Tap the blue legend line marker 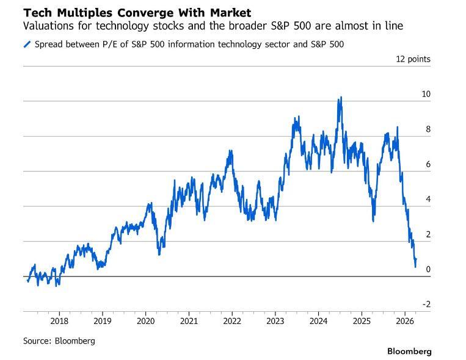coord(27,45)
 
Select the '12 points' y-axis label coord(413,59)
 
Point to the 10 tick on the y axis coord(425,94)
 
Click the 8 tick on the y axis coord(427,129)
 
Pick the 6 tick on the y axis coord(427,164)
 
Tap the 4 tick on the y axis coord(427,200)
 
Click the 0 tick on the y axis coord(427,270)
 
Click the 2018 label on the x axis coord(59,322)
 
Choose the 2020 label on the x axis coord(145,322)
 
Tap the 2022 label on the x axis coord(232,322)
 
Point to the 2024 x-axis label coord(319,322)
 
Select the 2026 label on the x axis coord(405,322)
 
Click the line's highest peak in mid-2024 coord(340,97)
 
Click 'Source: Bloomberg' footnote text coord(59,341)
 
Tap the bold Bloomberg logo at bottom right coord(409,351)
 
